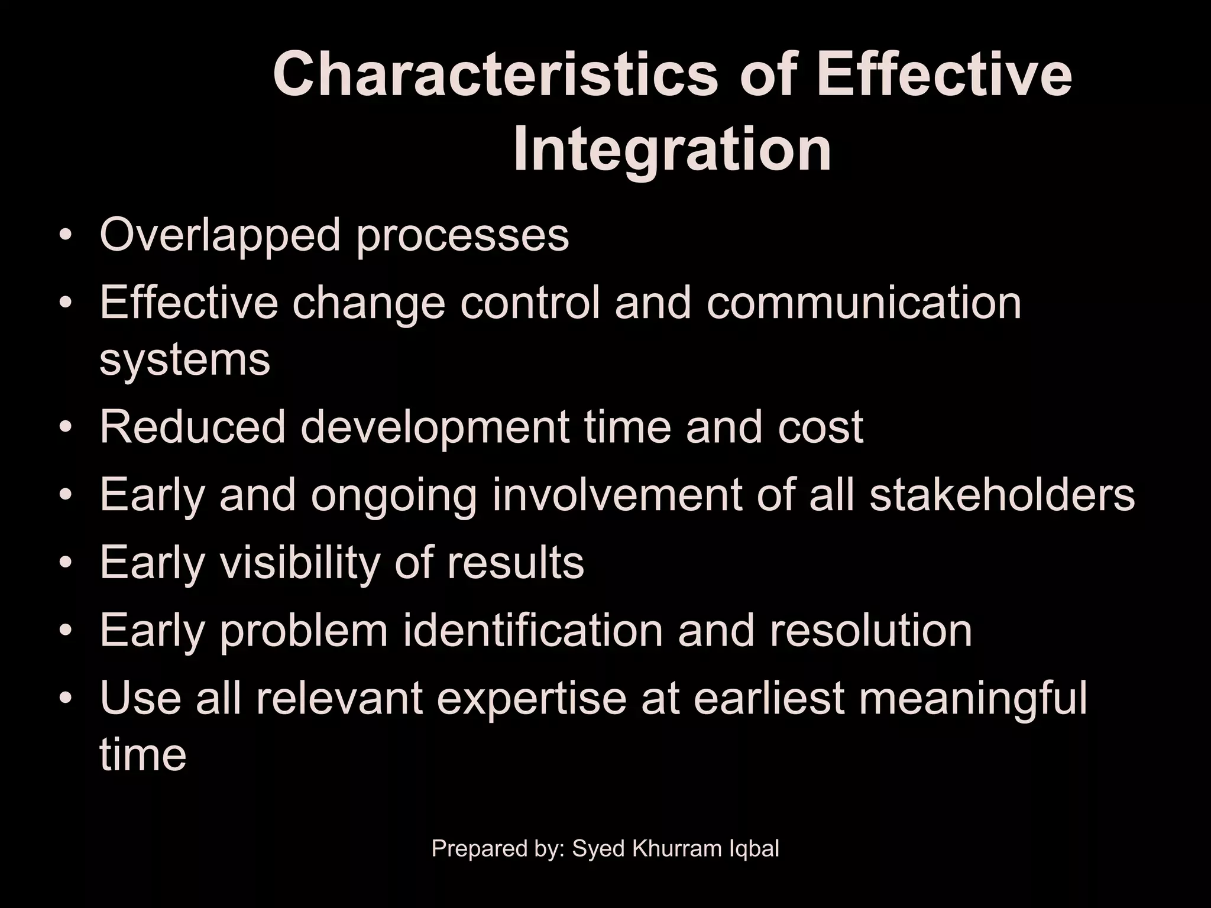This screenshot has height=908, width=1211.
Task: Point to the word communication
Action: (x=864, y=303)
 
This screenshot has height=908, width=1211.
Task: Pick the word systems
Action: (x=184, y=361)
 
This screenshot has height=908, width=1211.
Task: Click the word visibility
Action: (x=299, y=563)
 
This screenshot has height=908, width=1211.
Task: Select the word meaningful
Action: (x=972, y=699)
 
